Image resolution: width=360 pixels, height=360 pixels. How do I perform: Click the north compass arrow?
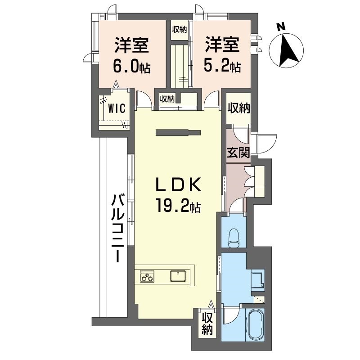click(x=287, y=49)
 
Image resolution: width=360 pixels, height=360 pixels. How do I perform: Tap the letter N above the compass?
click(x=280, y=27)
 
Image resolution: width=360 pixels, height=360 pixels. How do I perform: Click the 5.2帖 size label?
click(x=223, y=67)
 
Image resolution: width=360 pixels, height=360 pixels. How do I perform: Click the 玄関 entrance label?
click(x=238, y=153)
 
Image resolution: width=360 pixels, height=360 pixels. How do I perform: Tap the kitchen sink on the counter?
click(x=178, y=275)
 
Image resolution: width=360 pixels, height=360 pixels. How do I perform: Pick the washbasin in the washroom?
click(x=257, y=279)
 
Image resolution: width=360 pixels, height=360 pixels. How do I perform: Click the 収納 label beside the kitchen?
click(x=207, y=324)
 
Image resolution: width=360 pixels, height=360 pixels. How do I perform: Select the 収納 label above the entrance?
click(x=238, y=108)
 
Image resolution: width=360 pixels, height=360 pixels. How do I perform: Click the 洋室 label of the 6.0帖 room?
click(x=131, y=45)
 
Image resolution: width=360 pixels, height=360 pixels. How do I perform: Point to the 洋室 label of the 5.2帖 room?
click(x=223, y=45)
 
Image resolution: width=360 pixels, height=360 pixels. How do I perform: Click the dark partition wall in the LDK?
click(x=177, y=132)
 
